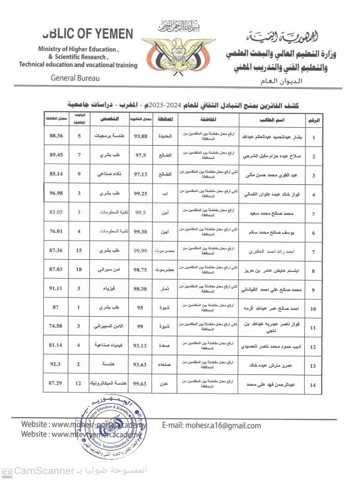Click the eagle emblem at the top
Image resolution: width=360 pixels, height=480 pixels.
click(180, 50)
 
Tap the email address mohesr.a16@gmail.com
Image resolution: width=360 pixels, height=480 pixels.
click(212, 426)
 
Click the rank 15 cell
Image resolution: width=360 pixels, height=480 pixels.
click(79, 251)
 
